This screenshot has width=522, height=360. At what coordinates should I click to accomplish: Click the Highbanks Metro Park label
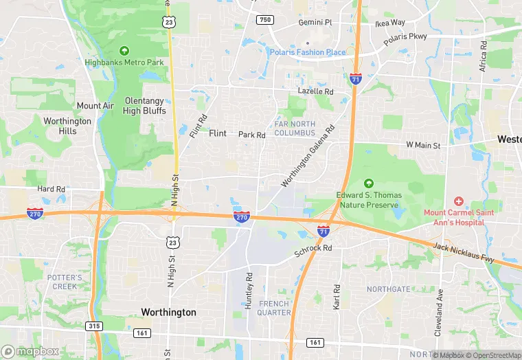pyautogui.click(x=124, y=62)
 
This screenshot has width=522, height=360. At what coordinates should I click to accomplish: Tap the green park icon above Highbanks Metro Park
pyautogui.click(x=124, y=50)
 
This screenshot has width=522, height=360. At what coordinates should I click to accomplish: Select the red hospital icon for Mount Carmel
pyautogui.click(x=458, y=201)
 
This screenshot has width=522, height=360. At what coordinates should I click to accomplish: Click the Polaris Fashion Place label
pyautogui.click(x=308, y=52)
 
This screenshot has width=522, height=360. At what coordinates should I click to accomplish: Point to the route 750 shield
pyautogui.click(x=265, y=20)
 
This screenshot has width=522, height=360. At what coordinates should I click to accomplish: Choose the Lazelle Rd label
pyautogui.click(x=315, y=91)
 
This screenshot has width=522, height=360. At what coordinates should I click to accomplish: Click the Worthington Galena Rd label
pyautogui.click(x=308, y=156)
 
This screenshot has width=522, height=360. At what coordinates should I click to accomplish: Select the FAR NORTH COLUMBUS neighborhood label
pyautogui.click(x=295, y=128)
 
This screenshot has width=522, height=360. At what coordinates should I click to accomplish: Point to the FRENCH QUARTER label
pyautogui.click(x=274, y=308)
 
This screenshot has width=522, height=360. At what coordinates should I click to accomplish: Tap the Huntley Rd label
pyautogui.click(x=249, y=291)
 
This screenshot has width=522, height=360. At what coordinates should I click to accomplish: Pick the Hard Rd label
pyautogui.click(x=51, y=189)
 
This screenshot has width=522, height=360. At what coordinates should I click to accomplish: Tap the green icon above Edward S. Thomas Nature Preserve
pyautogui.click(x=368, y=183)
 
